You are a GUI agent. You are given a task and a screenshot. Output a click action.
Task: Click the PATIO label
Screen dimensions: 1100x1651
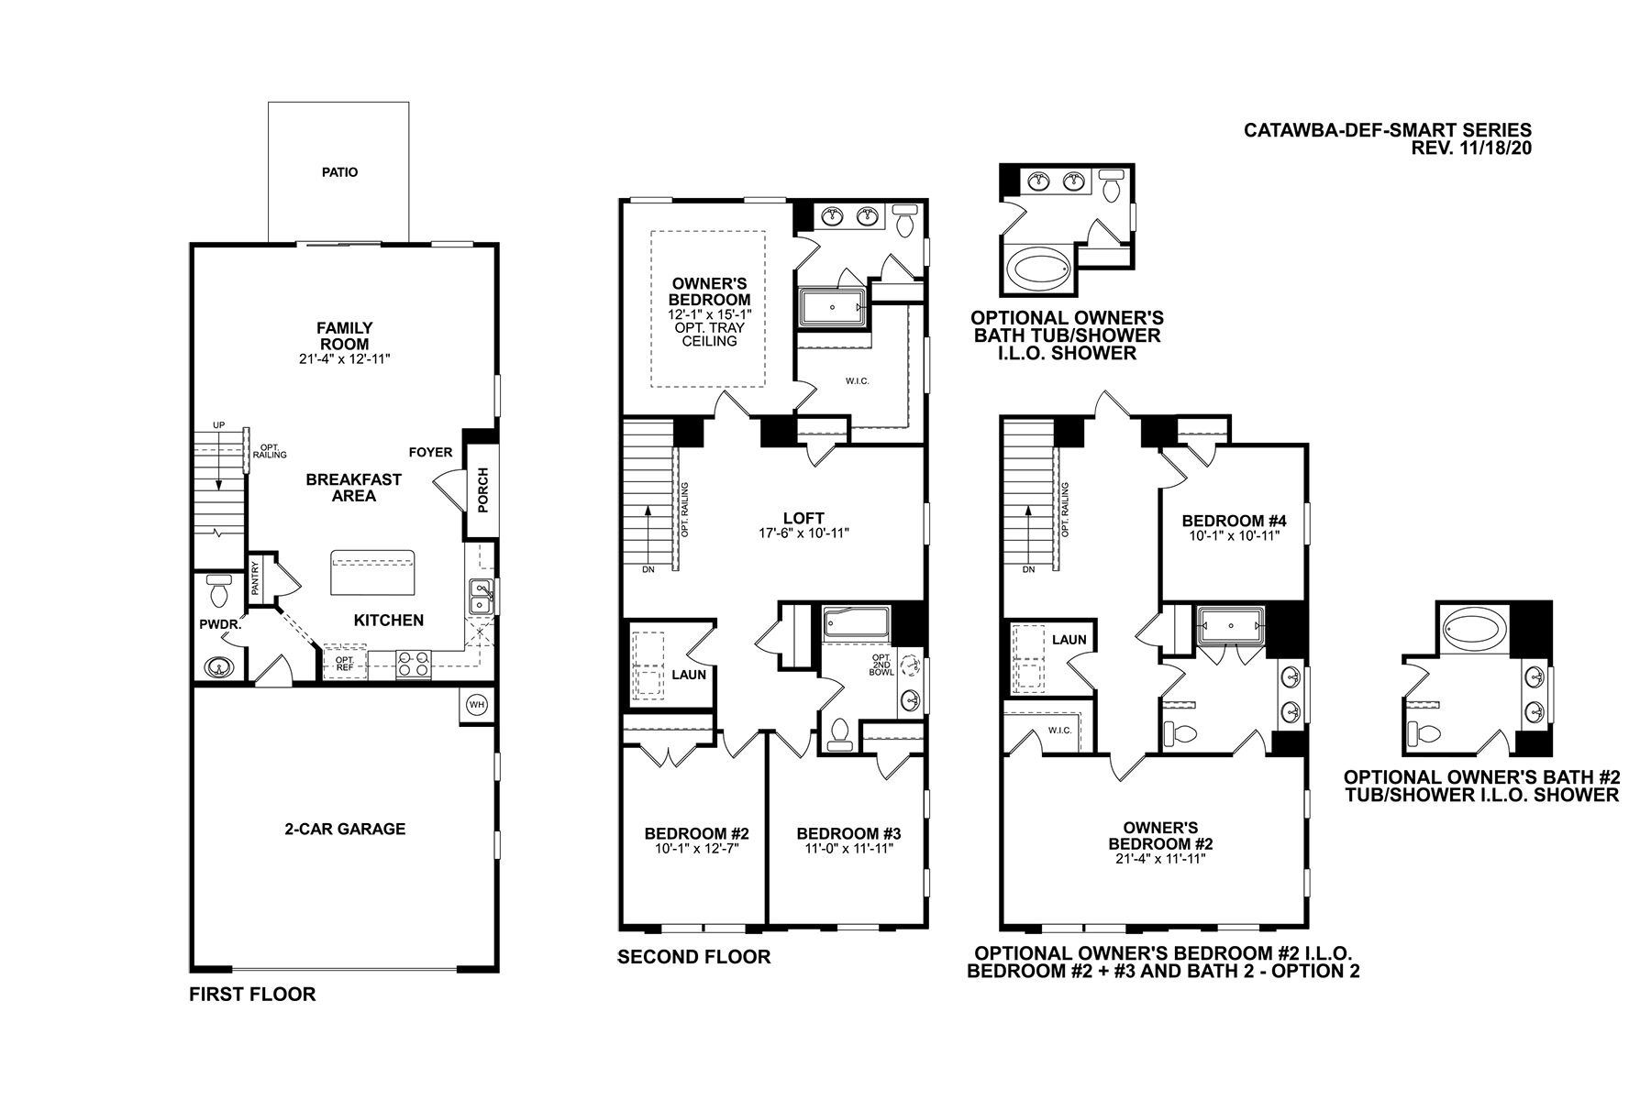[x=339, y=171]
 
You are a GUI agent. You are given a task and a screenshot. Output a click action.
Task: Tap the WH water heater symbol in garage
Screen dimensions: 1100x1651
[x=476, y=704]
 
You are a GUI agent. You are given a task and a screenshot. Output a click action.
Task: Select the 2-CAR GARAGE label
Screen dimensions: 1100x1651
[x=344, y=829]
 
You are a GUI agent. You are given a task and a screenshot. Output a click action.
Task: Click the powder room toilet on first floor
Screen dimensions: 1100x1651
[x=218, y=592]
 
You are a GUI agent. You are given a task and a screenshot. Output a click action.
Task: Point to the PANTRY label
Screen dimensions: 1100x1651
[x=255, y=577]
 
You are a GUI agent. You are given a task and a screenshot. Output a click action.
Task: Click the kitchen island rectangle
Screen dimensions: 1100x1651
[x=372, y=573]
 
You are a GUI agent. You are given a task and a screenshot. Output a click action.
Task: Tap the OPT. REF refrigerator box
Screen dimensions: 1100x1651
[x=344, y=663]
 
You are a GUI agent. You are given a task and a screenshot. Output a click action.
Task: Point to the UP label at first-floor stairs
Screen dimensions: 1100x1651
[x=218, y=425]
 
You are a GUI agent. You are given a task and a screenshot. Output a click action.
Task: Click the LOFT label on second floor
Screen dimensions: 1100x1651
[x=803, y=518]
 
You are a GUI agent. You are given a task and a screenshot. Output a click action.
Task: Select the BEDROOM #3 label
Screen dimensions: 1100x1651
[x=848, y=833]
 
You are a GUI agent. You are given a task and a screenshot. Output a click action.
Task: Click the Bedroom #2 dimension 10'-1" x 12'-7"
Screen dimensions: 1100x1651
[x=696, y=848]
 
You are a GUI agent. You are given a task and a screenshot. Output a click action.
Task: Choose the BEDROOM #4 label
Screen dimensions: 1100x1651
[x=1234, y=521]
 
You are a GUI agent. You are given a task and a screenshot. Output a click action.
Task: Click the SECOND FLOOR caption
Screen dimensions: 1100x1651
[x=693, y=957]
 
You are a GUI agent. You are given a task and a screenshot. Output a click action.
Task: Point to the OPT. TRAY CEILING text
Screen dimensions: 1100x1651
[x=709, y=334]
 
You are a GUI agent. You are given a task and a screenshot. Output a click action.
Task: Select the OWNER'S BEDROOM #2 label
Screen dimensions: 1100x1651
[x=1160, y=835]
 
